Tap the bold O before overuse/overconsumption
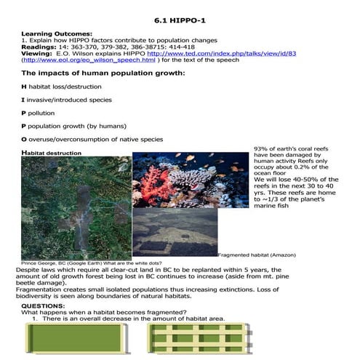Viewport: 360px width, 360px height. pyautogui.click(x=24, y=139)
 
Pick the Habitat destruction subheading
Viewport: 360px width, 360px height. pyautogui.click(x=51, y=153)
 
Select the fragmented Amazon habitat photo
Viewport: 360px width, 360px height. pyautogui.click(x=175, y=233)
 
